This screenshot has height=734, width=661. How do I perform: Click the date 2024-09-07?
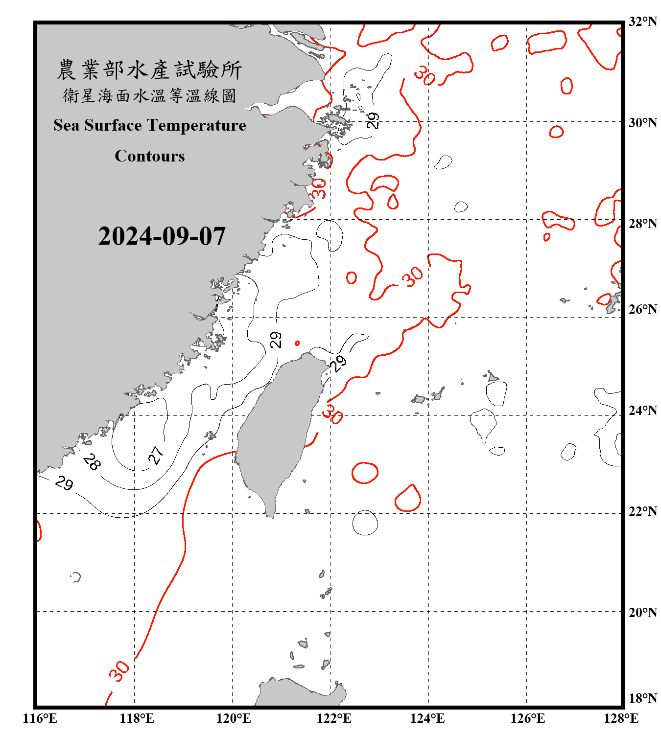[x=162, y=236]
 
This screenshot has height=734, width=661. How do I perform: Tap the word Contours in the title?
[x=150, y=156]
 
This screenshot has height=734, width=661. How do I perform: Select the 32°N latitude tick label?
[x=642, y=22]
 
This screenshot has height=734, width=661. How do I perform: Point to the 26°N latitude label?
[x=642, y=309]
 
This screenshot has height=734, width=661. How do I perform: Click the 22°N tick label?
[x=642, y=511]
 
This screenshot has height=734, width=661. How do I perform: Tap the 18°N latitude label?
[x=642, y=698]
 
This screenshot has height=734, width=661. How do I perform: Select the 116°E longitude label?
[x=40, y=718]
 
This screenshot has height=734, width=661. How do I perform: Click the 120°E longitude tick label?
[x=234, y=718]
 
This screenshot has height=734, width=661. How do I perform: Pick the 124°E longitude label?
[x=427, y=718]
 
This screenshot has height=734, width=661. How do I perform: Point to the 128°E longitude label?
[x=621, y=718]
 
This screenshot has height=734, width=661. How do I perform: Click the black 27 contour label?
[x=156, y=455]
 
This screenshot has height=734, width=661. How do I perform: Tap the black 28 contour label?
[x=92, y=461]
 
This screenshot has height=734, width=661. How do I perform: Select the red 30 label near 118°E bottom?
[x=119, y=671]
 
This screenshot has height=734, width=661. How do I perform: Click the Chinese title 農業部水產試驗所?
[x=150, y=69]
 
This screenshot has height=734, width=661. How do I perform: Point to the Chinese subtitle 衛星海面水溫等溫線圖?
[x=150, y=95]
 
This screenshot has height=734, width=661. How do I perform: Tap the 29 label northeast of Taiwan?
[x=338, y=363]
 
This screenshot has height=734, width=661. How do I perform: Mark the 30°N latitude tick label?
[x=642, y=123]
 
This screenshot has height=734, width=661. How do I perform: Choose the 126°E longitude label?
[x=527, y=718]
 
